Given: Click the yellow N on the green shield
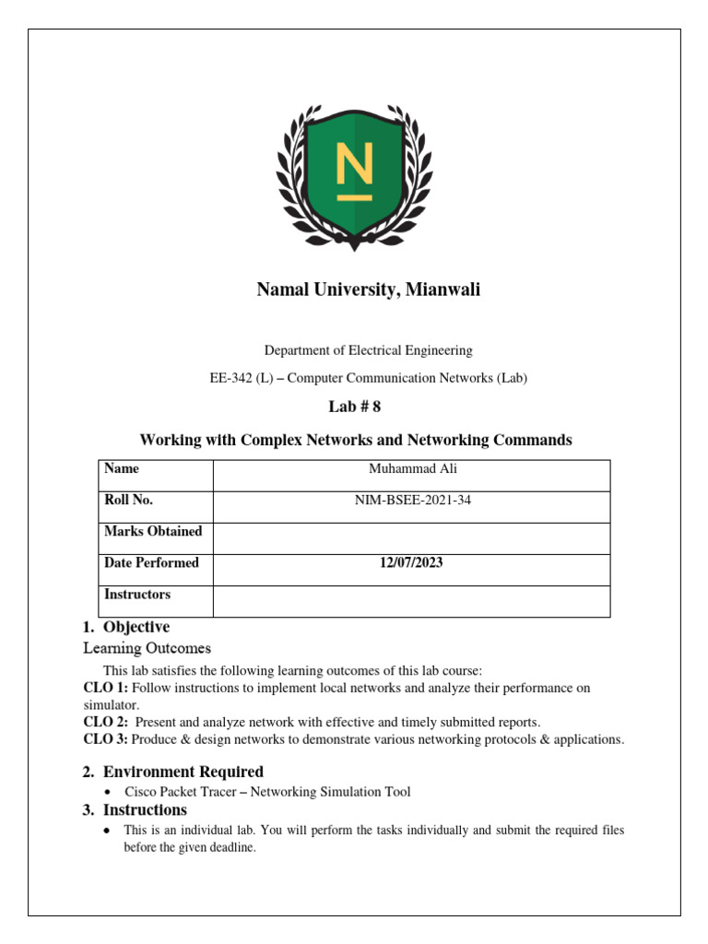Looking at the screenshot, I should [x=354, y=172].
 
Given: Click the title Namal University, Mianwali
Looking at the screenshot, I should [x=368, y=290].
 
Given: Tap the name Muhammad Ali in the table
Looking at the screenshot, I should [x=412, y=469].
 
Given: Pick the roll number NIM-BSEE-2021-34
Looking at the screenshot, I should [x=412, y=501].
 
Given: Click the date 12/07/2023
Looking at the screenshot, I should [x=412, y=563].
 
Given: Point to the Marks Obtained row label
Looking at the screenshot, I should [x=153, y=531].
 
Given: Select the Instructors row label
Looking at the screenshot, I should [x=137, y=595].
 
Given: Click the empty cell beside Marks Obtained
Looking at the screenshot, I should [x=412, y=538].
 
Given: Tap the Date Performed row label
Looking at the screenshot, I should [x=151, y=563].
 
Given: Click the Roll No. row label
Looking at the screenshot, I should [x=129, y=501].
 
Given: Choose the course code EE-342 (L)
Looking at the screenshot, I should [x=244, y=378].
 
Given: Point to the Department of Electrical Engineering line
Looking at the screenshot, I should [x=368, y=350].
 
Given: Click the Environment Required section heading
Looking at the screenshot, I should [x=183, y=772].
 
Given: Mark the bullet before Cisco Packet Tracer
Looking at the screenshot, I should [x=109, y=793].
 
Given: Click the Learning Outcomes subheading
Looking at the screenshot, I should [x=147, y=648].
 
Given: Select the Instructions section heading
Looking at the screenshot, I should [x=145, y=810].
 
